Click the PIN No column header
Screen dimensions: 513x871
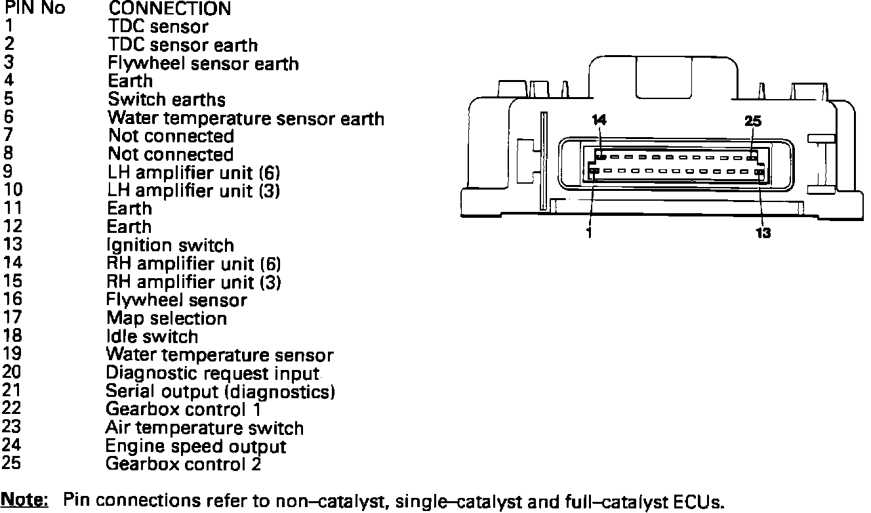point(35,9)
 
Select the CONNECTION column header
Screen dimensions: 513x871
point(169,9)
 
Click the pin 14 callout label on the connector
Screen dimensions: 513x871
point(599,120)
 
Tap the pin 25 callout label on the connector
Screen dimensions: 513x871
point(754,121)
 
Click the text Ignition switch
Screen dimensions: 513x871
point(170,245)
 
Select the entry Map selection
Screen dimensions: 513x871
point(167,318)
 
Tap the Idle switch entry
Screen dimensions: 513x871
point(152,337)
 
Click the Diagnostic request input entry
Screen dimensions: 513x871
point(213,373)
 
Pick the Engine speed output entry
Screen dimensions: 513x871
point(196,447)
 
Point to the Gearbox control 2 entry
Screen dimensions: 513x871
point(184,464)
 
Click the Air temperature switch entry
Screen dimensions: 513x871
point(205,428)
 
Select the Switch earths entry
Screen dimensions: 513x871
point(167,100)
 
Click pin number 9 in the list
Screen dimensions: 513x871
point(9,173)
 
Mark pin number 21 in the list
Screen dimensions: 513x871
point(12,392)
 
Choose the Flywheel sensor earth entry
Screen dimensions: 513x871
point(203,64)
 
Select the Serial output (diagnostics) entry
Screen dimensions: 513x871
point(220,392)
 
